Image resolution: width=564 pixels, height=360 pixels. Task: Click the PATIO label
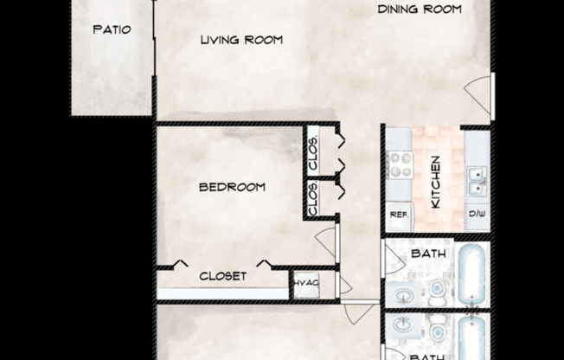pyautogui.click(x=112, y=29)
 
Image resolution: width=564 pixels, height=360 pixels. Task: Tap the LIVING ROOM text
pyautogui.click(x=241, y=40)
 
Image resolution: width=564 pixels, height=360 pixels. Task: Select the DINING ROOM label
pyautogui.click(x=419, y=10)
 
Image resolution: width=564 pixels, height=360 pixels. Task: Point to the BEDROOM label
pyautogui.click(x=232, y=187)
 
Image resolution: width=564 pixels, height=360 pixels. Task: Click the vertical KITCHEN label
pyautogui.click(x=437, y=182)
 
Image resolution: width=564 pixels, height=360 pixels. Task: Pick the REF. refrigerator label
pyautogui.click(x=398, y=214)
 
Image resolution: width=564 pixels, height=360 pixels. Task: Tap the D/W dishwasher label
pyautogui.click(x=477, y=214)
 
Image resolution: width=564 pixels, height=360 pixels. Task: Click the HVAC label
pyautogui.click(x=305, y=282)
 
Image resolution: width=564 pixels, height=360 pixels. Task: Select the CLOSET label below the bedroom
pyautogui.click(x=223, y=276)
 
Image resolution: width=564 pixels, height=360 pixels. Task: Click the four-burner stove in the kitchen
pyautogui.click(x=399, y=164)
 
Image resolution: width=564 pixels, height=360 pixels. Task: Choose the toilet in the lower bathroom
pyautogui.click(x=438, y=327)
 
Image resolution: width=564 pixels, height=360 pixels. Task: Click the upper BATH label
pyautogui.click(x=427, y=254)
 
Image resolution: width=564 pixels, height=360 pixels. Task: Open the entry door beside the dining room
pyautogui.click(x=478, y=91)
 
